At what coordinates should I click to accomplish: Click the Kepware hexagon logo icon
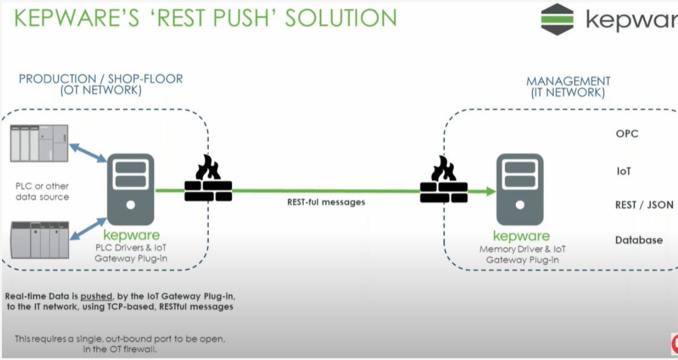coord(557,19)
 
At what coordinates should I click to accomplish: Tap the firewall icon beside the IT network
coord(443,179)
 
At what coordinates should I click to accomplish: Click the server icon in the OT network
coord(131,189)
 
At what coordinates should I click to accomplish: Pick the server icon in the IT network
coord(519,189)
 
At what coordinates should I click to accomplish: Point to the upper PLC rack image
coord(39,143)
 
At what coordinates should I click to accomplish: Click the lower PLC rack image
coord(40,239)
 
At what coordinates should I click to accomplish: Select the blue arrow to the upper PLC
coord(88,152)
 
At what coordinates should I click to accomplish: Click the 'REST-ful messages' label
coord(326,202)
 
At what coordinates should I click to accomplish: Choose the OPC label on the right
coord(627,134)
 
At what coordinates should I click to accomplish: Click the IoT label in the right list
coord(623,171)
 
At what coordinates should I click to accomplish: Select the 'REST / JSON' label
coord(644,205)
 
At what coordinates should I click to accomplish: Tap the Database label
coord(639,240)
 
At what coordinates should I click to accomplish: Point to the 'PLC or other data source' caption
coord(42,192)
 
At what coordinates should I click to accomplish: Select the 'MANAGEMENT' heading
coord(568,82)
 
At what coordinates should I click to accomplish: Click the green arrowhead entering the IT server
coord(490,191)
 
